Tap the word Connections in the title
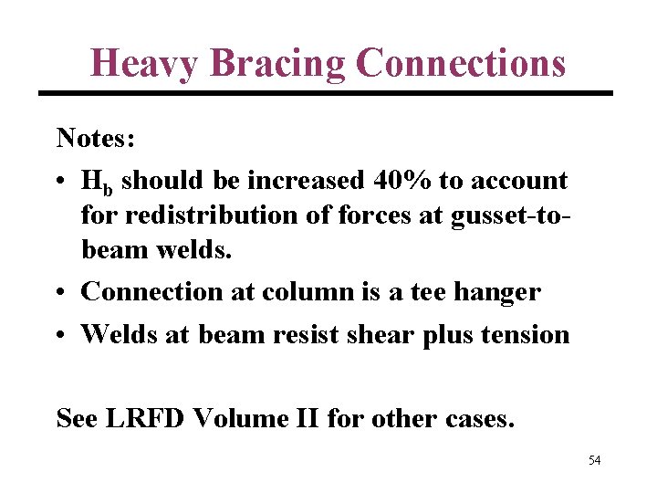click(461, 62)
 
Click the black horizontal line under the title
click(325, 93)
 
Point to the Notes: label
click(96, 138)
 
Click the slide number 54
click(594, 460)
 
